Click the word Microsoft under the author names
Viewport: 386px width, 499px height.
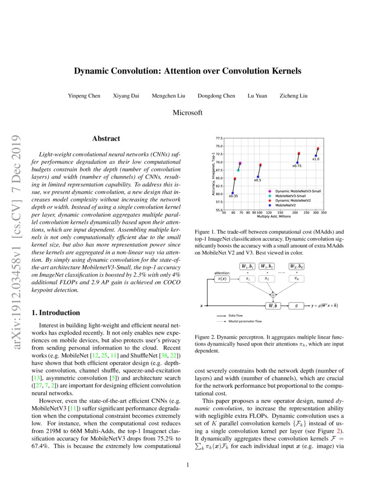(x=188, y=113)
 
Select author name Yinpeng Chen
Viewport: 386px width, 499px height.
(x=84, y=96)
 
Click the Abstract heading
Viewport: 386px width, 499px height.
(x=106, y=139)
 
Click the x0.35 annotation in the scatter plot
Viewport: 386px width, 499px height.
(x=233, y=196)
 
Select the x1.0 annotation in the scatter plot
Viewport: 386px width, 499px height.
(x=316, y=159)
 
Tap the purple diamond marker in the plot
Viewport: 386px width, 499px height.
(x=240, y=163)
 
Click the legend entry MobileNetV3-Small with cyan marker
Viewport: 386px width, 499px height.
(x=291, y=196)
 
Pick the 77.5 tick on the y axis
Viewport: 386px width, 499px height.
(x=219, y=137)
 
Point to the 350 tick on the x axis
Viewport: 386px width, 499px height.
(x=324, y=212)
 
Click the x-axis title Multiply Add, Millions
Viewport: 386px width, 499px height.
(x=274, y=216)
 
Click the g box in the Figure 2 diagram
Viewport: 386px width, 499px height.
(x=296, y=306)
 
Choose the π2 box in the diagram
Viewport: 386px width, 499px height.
(x=267, y=279)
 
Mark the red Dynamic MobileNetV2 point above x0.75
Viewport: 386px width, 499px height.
(x=299, y=154)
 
